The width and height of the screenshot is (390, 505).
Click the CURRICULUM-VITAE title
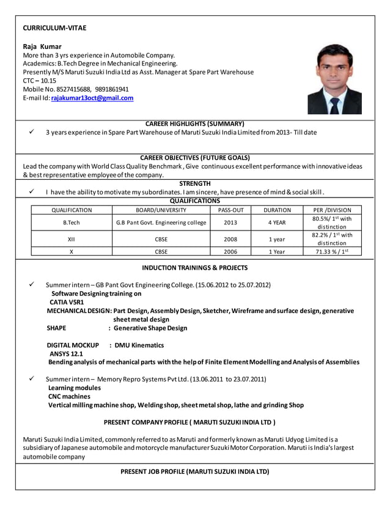click(x=54, y=28)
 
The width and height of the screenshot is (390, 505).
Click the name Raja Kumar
click(x=42, y=46)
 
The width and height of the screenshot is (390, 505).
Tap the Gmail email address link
click(x=92, y=98)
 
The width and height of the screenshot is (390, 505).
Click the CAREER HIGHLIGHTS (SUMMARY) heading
click(x=194, y=123)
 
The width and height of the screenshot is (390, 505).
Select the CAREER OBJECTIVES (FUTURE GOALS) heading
click(x=194, y=157)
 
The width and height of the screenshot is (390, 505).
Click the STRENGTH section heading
click(x=194, y=183)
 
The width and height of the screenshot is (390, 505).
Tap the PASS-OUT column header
click(x=230, y=210)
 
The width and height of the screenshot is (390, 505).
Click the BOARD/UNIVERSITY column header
click(x=161, y=210)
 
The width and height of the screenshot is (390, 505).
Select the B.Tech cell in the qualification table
click(x=71, y=223)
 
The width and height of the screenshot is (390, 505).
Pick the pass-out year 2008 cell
click(x=230, y=239)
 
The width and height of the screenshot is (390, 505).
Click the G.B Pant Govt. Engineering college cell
click(x=161, y=223)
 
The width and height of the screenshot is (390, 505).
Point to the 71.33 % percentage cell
click(x=332, y=251)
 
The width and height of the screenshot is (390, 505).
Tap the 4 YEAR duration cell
click(x=277, y=223)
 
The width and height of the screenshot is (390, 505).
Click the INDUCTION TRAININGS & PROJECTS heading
click(x=194, y=268)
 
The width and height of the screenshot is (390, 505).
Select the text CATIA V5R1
click(x=67, y=302)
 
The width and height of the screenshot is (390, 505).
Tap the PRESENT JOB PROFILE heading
click(x=194, y=471)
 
